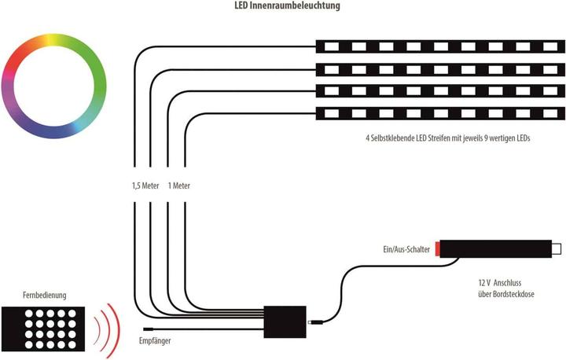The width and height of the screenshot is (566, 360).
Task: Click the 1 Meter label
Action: point(178,186)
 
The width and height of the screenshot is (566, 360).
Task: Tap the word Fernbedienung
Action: point(45,296)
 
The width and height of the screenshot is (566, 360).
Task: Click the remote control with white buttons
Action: point(45,327)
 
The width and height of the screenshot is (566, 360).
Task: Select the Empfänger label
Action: point(155,341)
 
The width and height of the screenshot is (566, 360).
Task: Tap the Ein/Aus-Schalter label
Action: point(401,250)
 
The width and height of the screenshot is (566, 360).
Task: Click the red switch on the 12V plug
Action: point(441,250)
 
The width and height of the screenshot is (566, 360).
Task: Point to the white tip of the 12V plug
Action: point(557,250)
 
